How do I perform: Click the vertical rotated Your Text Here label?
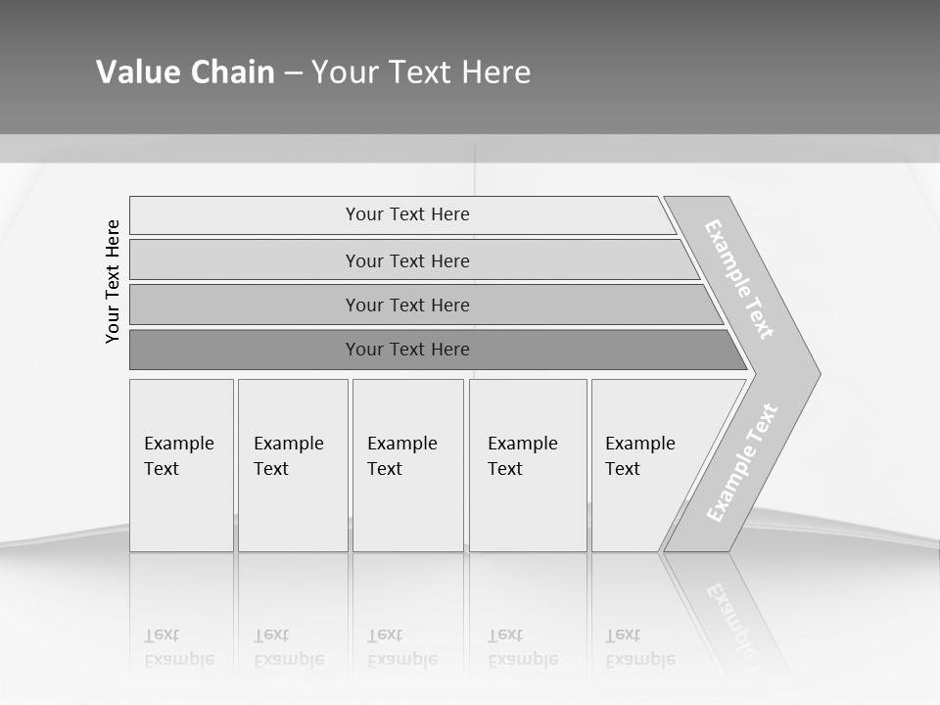[x=113, y=281]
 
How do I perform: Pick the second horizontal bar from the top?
[x=407, y=260]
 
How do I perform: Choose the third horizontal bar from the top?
[x=407, y=305]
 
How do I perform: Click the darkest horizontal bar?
[x=407, y=350]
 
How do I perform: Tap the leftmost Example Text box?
[x=181, y=465]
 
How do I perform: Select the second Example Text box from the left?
[x=292, y=465]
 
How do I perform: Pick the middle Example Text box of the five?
[x=407, y=465]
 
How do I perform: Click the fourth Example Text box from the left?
[x=527, y=465]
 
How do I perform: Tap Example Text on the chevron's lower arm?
[x=742, y=462]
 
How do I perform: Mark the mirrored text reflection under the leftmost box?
[x=179, y=647]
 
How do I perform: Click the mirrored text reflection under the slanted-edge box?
[x=640, y=647]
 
